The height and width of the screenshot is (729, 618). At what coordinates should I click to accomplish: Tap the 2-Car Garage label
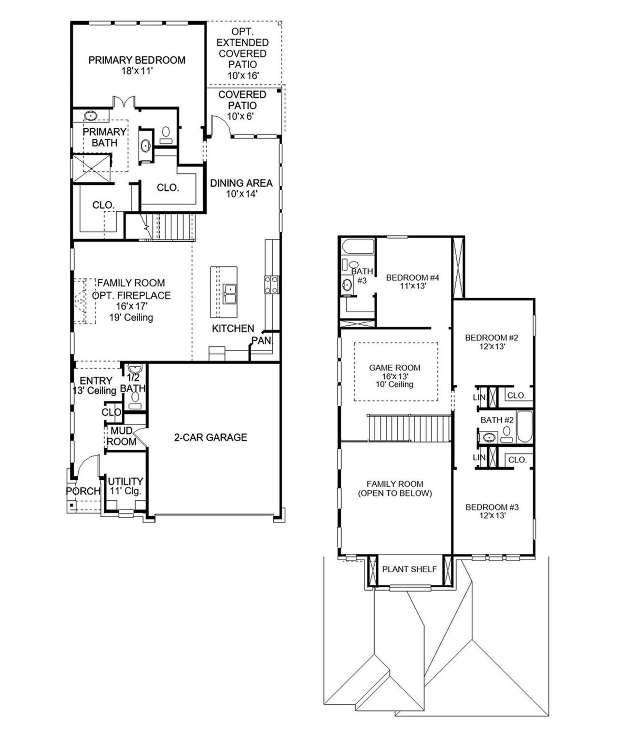pos(211,437)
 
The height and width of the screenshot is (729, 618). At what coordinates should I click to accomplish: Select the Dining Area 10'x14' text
pos(241,188)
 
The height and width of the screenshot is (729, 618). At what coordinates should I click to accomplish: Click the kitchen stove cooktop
pos(271,284)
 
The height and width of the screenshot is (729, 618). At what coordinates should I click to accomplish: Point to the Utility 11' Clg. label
pos(125,486)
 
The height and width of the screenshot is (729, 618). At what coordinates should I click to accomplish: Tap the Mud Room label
pos(121,436)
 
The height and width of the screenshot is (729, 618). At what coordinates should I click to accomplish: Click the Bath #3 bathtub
pos(358,247)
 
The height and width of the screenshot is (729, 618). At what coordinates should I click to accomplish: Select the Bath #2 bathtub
pos(524,426)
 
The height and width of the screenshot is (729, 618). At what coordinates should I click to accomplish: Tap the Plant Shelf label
pos(409,569)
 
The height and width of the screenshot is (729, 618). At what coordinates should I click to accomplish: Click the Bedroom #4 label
pos(412,281)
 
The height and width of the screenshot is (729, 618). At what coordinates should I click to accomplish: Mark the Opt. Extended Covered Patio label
pos(242,53)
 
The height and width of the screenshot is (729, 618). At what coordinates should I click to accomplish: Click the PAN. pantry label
pos(262,341)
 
